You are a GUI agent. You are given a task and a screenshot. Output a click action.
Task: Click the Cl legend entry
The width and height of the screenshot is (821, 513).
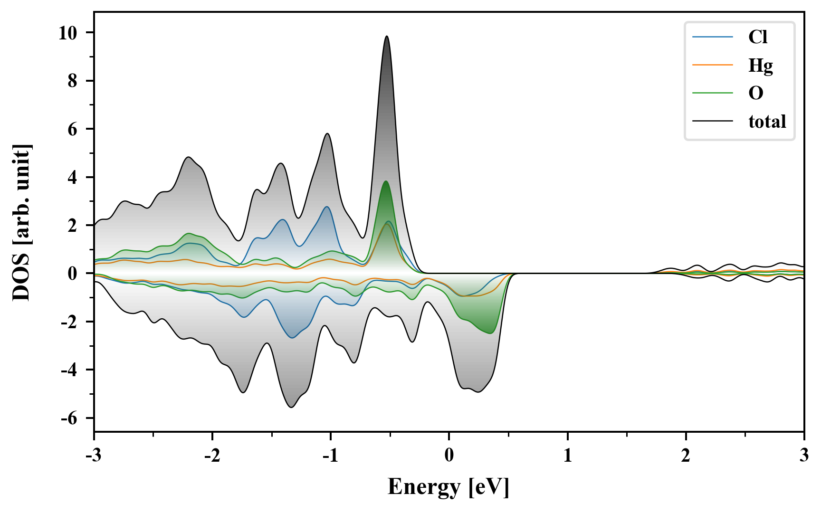pyautogui.click(x=757, y=37)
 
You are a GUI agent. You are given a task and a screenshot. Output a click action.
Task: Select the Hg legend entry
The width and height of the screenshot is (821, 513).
pyautogui.click(x=760, y=65)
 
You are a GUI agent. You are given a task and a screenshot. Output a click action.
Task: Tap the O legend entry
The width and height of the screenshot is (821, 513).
pyautogui.click(x=755, y=93)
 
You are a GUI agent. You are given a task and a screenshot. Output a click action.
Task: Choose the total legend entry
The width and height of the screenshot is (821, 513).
pyautogui.click(x=767, y=122)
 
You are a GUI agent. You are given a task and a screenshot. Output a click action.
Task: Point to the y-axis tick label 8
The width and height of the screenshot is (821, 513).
pyautogui.click(x=72, y=81)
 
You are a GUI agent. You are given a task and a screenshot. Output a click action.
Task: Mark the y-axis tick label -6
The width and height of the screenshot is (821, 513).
pyautogui.click(x=69, y=418)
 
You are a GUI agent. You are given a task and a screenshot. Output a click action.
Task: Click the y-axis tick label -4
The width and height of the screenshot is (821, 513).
pyautogui.click(x=69, y=370)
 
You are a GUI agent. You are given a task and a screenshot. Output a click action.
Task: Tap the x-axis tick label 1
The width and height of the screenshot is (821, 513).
pyautogui.click(x=567, y=456)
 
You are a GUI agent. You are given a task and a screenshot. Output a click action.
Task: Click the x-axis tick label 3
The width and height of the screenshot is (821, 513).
pyautogui.click(x=804, y=456)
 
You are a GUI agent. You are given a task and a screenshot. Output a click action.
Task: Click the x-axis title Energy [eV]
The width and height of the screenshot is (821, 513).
pyautogui.click(x=449, y=487)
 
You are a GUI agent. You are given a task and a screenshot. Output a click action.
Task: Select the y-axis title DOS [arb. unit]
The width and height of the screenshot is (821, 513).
pyautogui.click(x=21, y=222)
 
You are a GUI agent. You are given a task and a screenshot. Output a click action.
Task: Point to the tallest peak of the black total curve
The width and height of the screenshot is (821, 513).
pyautogui.click(x=387, y=36)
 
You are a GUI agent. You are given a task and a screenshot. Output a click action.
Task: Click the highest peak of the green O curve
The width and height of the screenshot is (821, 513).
pyautogui.click(x=385, y=181)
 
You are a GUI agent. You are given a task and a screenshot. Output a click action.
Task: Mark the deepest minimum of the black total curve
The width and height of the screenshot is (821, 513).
pyautogui.click(x=291, y=407)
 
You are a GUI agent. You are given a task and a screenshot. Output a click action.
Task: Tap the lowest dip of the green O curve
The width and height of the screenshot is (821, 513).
pyautogui.click(x=490, y=333)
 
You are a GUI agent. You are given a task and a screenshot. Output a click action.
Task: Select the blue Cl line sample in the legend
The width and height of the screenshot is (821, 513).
pyautogui.click(x=713, y=37)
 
